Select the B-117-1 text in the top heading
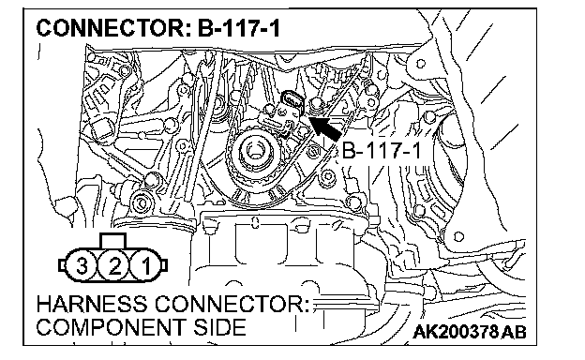pos(239,28)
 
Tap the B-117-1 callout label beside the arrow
pos(381,151)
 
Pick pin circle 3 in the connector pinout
pos(82,266)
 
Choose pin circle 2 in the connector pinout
pos(113,266)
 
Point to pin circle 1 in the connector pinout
pos(146,266)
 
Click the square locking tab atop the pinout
pos(113,241)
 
